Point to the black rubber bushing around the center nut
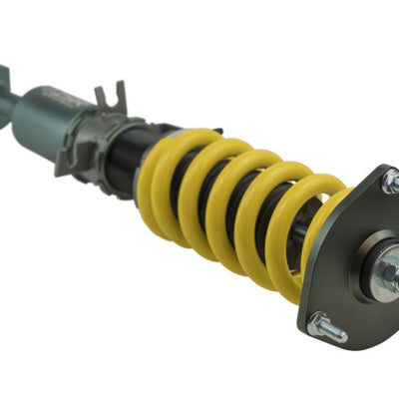371,267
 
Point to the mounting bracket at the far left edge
5,85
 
